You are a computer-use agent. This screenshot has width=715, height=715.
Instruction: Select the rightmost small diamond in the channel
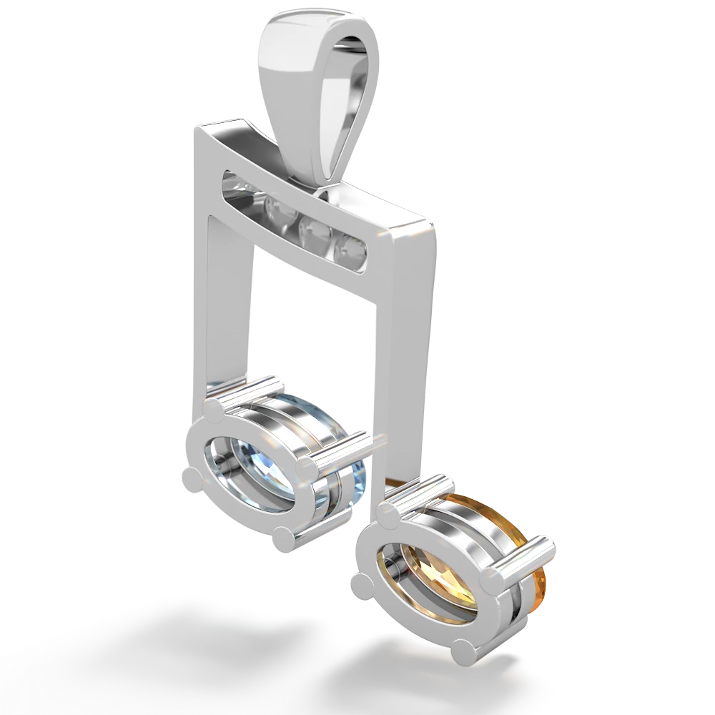[x=352, y=250]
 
